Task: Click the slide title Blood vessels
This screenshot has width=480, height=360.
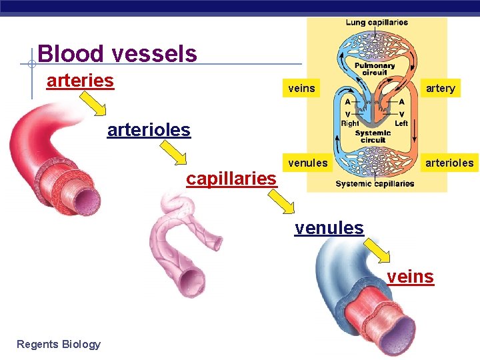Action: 117,53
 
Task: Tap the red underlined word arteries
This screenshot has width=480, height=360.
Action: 80,81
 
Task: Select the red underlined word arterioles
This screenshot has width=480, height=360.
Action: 149,129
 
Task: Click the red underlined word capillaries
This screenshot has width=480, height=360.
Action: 231,179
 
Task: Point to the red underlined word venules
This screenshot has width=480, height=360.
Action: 329,228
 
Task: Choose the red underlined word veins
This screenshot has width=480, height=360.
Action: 410,277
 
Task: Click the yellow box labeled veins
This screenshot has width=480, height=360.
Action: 301,88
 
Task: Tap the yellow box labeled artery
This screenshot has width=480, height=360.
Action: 440,88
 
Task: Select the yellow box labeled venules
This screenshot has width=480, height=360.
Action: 307,163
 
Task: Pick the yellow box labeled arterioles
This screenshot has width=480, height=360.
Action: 449,163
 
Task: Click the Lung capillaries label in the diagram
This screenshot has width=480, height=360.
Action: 377,23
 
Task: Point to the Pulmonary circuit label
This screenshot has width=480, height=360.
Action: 374,69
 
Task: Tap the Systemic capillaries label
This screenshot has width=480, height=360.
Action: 375,183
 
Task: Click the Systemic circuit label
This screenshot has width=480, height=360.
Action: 373,137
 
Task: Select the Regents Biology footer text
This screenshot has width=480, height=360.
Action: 59,344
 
